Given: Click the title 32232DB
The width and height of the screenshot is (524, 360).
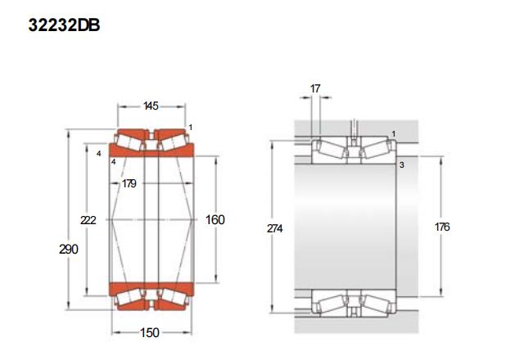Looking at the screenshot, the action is (x=64, y=25).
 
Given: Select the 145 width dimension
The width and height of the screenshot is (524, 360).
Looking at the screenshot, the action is (x=151, y=106).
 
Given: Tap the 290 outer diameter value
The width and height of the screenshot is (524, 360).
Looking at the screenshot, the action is (x=69, y=249).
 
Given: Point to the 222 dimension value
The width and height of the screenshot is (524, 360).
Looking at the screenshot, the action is (x=88, y=220).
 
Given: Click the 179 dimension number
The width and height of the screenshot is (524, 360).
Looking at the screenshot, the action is (x=129, y=183).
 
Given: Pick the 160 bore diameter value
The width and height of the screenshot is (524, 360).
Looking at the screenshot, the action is (x=215, y=220).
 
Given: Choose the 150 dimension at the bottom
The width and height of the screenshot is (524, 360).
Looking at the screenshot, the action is (x=149, y=333).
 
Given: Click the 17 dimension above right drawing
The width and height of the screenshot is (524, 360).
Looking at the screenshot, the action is (x=315, y=88).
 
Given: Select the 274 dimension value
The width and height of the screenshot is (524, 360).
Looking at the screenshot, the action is (x=275, y=228).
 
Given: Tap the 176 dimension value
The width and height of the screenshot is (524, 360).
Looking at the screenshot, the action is (x=442, y=227).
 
